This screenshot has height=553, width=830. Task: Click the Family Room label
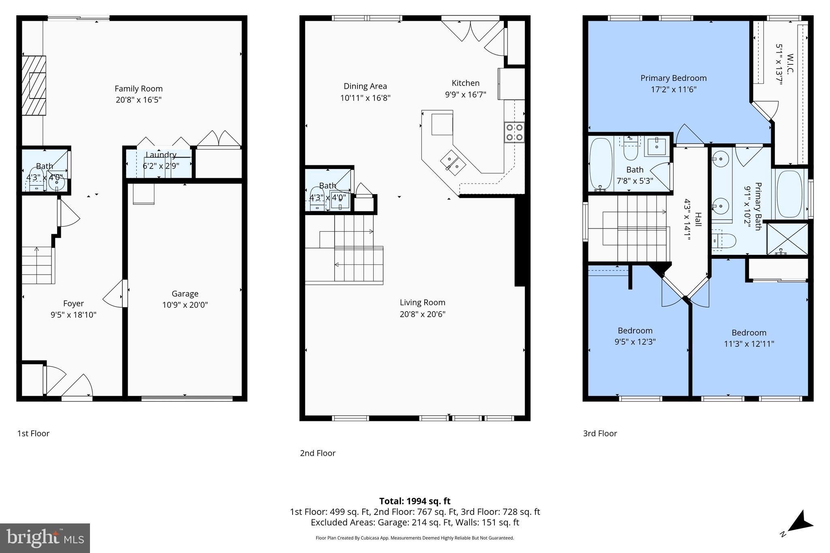pyautogui.click(x=138, y=88)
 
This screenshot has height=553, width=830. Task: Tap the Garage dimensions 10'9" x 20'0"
pyautogui.click(x=185, y=305)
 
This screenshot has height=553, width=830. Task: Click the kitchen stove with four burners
pyautogui.click(x=514, y=132)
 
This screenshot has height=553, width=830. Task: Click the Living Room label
pyautogui.click(x=422, y=302)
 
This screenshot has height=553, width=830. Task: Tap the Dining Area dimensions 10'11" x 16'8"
pyautogui.click(x=365, y=98)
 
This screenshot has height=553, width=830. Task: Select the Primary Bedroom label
pyautogui.click(x=673, y=78)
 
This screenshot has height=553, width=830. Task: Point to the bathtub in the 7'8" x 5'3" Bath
pyautogui.click(x=600, y=164)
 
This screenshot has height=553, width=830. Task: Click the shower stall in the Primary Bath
pyautogui.click(x=787, y=239)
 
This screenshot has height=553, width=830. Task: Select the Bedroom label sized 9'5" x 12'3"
pyautogui.click(x=635, y=330)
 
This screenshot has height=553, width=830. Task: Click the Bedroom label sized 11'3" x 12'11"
pyautogui.click(x=749, y=332)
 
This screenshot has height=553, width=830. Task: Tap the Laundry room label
pyautogui.click(x=160, y=155)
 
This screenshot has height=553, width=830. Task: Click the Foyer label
pyautogui.click(x=73, y=303)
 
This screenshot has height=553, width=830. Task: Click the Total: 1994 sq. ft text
pyautogui.click(x=415, y=501)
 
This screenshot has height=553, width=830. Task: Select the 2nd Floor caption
pyautogui.click(x=317, y=453)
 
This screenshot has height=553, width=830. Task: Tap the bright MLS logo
pyautogui.click(x=45, y=538)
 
